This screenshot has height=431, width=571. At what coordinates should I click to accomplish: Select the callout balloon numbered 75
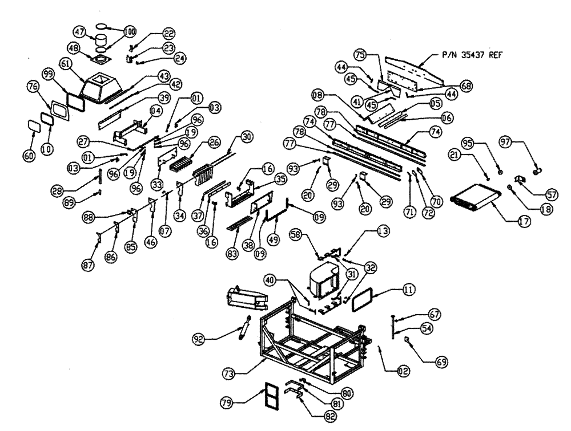point(376,56)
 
